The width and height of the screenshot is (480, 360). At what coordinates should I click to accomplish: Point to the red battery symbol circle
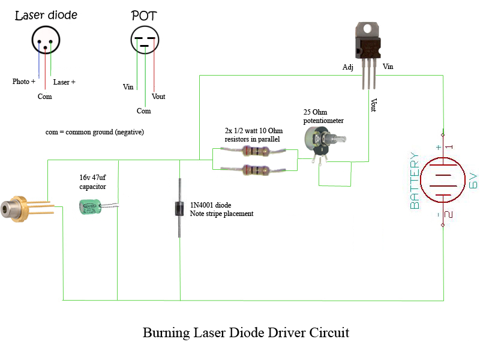(442, 180)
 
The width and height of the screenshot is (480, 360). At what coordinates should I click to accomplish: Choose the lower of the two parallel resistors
(255, 170)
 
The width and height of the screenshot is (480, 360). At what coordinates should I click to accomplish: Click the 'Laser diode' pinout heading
(46, 15)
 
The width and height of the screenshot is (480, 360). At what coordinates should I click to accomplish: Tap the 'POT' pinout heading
(144, 16)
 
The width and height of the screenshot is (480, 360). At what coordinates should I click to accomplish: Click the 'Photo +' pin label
(24, 82)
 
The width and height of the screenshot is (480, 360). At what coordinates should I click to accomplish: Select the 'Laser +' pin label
(64, 82)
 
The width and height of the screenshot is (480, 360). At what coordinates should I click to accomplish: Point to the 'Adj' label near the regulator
(347, 67)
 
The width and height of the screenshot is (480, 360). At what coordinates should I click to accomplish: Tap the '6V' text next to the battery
(473, 180)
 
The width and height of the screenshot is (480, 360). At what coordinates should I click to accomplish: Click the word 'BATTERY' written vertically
(415, 181)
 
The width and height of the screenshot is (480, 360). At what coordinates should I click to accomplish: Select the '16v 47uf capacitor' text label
(92, 182)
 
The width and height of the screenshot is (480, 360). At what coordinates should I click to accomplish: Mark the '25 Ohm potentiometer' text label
(323, 116)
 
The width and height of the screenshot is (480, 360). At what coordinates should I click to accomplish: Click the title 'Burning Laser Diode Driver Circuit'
(245, 332)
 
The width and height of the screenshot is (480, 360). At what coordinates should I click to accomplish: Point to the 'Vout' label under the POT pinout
(158, 97)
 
